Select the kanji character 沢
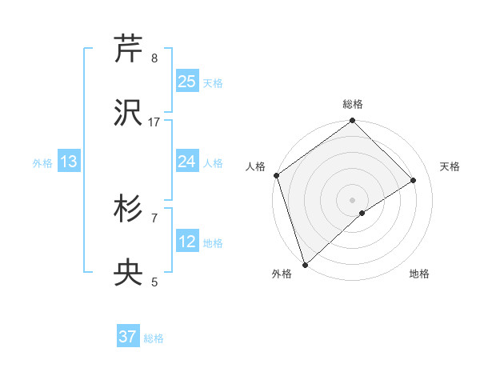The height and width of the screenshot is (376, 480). tap(128, 112)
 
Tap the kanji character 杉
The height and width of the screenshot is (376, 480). tap(128, 209)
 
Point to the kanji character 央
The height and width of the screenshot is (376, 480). tap(128, 273)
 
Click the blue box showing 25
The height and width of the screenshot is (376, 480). tap(186, 82)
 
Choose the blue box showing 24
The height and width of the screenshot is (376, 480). tap(186, 162)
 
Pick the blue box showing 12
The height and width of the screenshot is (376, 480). tap(186, 242)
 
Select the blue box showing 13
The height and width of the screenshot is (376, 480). tap(69, 162)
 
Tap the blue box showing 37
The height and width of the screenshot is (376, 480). tap(128, 337)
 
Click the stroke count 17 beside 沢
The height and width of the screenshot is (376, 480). tap(154, 122)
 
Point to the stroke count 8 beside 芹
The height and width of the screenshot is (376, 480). tap(154, 58)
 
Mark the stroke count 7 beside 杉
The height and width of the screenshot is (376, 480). tap(154, 218)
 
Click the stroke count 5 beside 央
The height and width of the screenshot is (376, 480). tap(154, 282)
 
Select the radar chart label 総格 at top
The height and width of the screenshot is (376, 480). tap(352, 104)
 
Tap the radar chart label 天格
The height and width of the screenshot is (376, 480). tap(450, 166)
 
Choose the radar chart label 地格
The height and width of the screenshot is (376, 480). tap(419, 274)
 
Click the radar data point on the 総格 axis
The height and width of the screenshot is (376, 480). tap(352, 122)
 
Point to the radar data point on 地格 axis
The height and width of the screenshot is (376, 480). tap(362, 213)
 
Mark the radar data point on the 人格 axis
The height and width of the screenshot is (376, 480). tap(276, 175)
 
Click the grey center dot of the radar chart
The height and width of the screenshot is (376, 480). tap(352, 199)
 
